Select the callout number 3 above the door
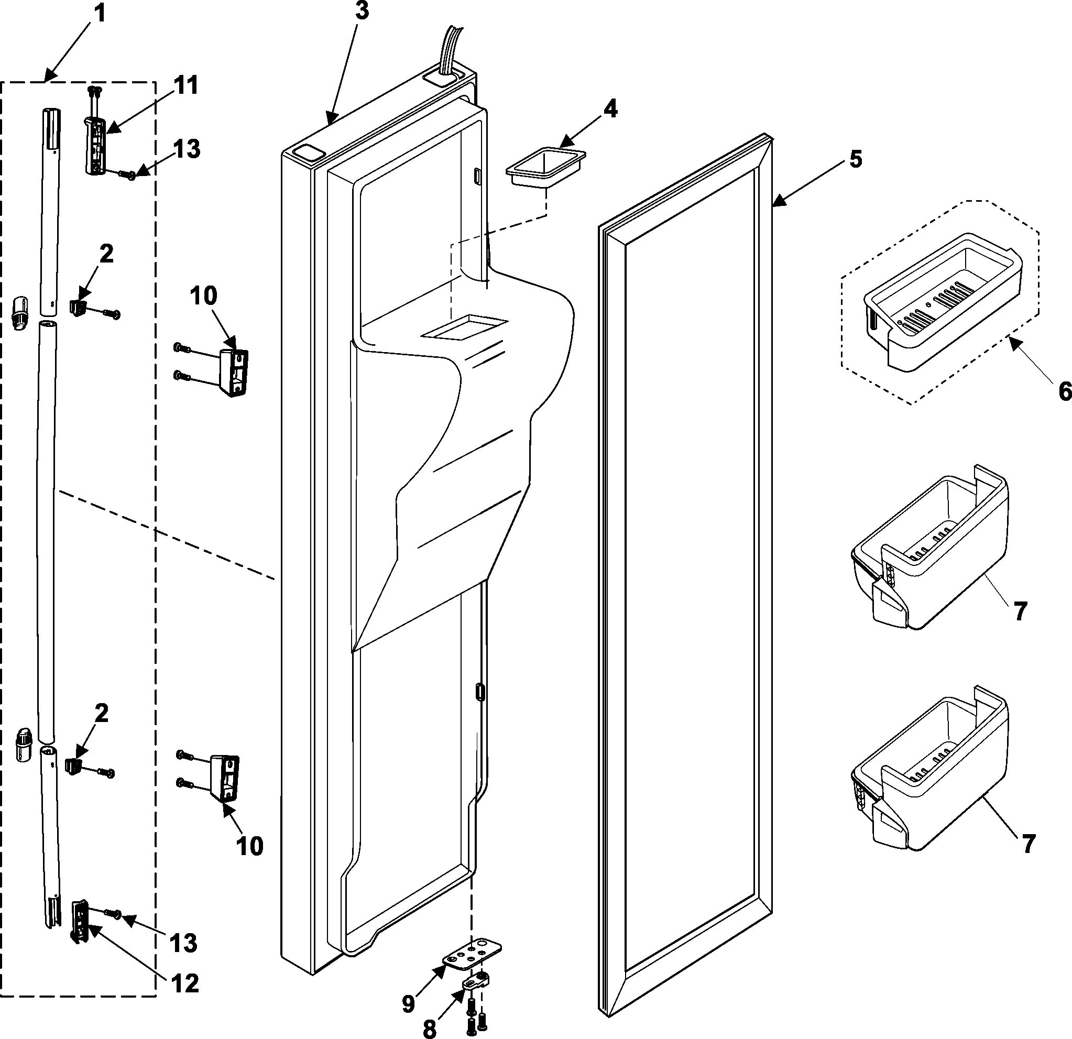coord(362,12)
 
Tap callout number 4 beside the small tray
coord(610,109)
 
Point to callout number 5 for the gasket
coord(856,159)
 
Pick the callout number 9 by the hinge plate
coord(409,1004)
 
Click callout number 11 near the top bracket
coord(187,86)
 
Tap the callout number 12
coord(185,984)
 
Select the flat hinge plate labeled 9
coord(472,956)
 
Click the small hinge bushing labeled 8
coord(476,983)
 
